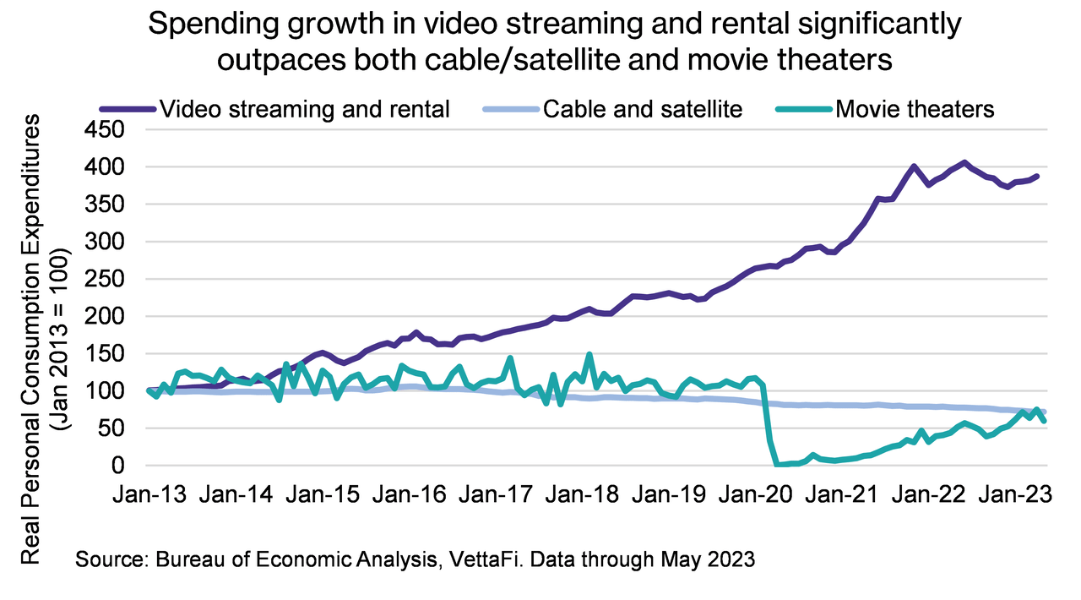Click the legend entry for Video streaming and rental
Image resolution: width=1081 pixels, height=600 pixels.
[x=304, y=109]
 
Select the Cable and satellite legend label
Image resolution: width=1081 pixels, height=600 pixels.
[x=643, y=109]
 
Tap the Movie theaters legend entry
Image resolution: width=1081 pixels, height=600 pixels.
[x=915, y=109]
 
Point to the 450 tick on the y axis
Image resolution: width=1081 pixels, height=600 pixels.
[x=107, y=130]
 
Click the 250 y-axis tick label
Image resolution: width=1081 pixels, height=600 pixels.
[x=107, y=280]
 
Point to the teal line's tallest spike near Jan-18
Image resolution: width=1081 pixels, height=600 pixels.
[x=589, y=355]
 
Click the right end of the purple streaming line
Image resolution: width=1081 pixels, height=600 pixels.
[x=1037, y=176]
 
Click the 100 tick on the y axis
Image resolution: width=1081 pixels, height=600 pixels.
[x=107, y=391]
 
